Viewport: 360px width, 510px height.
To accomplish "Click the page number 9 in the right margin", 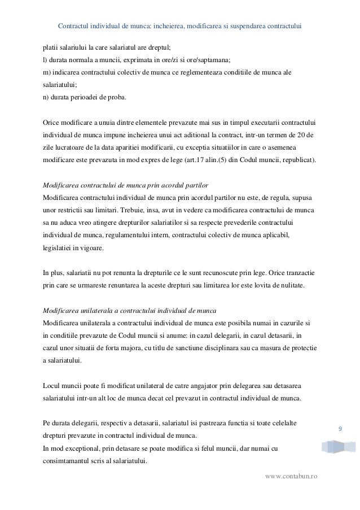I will (x=340, y=430).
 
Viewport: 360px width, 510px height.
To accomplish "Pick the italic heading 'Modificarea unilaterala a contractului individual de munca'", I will (x=129, y=311).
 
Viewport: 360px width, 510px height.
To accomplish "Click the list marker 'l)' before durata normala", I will (x=46, y=60).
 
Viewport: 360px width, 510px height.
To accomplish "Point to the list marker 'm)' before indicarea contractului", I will (x=47, y=73).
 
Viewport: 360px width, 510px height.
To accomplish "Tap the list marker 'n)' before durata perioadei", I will (x=46, y=98).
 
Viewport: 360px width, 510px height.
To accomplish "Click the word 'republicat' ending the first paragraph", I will (x=298, y=160).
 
